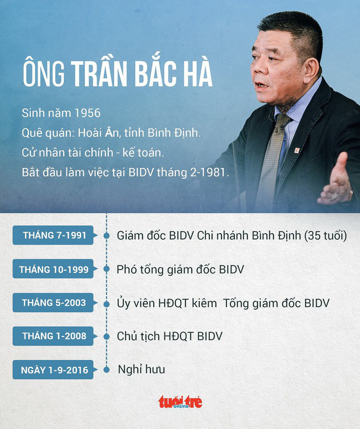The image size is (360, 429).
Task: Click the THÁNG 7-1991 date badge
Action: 55,235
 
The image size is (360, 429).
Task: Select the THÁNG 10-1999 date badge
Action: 53,269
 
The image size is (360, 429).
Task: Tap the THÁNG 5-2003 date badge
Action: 54,303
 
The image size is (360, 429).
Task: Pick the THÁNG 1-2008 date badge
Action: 54,336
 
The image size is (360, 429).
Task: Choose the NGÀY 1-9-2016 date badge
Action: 54,370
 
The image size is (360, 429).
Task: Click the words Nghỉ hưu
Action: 141,369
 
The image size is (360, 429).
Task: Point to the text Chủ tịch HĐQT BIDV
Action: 170,336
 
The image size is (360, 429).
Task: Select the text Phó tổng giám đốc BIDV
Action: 180,269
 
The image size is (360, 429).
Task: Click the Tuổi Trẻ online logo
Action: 180,401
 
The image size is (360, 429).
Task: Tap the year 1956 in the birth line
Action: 87,113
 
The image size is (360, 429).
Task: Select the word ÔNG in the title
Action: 44,74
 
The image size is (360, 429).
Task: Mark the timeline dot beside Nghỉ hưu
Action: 106,370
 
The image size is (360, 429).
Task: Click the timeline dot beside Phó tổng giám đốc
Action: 106,269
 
